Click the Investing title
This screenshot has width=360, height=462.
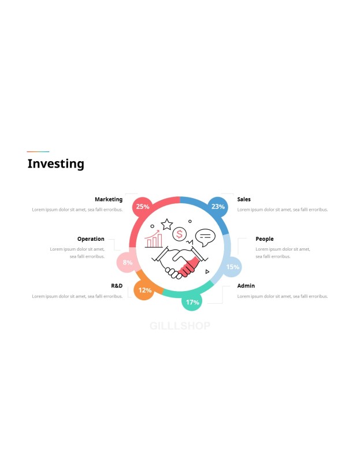pyautogui.click(x=55, y=164)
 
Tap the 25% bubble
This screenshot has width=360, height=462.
pyautogui.click(x=142, y=207)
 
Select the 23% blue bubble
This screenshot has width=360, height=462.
pyautogui.click(x=218, y=207)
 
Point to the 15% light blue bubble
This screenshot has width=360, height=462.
pyautogui.click(x=232, y=267)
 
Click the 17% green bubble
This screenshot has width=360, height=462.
pyautogui.click(x=192, y=301)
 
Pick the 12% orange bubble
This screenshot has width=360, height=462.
pyautogui.click(x=144, y=290)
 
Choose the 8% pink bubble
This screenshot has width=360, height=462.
pyautogui.click(x=127, y=262)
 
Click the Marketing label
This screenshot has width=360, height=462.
pyautogui.click(x=109, y=199)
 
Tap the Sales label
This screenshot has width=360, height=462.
pyautogui.click(x=244, y=199)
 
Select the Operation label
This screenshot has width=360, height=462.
pyautogui.click(x=91, y=239)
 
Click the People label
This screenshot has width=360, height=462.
pyautogui.click(x=265, y=239)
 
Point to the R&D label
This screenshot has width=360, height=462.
pyautogui.click(x=117, y=285)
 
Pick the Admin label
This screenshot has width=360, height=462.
pyautogui.click(x=246, y=285)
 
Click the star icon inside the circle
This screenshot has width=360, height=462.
pyautogui.click(x=167, y=224)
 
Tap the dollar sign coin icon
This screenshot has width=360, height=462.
pyautogui.click(x=179, y=234)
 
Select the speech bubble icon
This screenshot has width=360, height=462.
pyautogui.click(x=205, y=237)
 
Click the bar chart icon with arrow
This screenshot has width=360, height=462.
pyautogui.click(x=154, y=239)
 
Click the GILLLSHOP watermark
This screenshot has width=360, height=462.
pyautogui.click(x=180, y=326)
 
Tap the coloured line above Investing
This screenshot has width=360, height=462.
pyautogui.click(x=38, y=151)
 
